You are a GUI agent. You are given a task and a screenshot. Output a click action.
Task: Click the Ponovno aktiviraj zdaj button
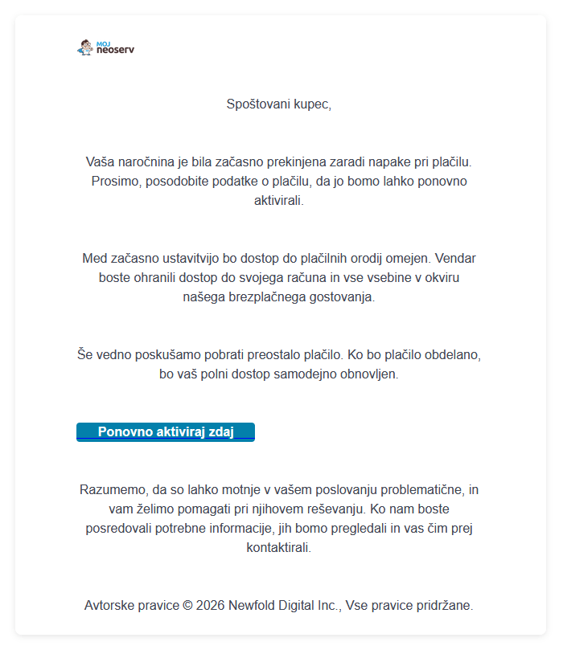tap(166, 432)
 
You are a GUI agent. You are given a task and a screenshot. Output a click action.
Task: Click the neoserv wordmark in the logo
tap(115, 51)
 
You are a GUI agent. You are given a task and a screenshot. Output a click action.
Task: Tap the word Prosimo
tap(115, 181)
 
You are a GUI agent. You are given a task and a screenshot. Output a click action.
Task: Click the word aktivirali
tap(278, 200)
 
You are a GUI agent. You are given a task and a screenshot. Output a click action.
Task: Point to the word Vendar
tap(458, 258)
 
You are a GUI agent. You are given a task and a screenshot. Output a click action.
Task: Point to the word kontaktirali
tap(278, 547)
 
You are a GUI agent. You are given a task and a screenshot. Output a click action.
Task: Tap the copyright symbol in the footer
tap(187, 605)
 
